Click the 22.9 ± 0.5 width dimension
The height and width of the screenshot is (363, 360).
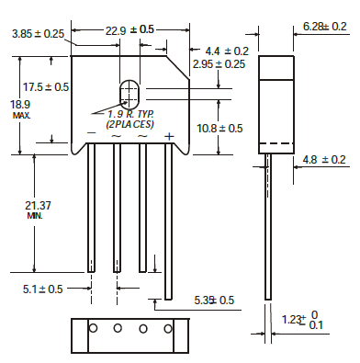click(129, 30)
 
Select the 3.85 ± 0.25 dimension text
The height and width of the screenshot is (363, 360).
click(39, 34)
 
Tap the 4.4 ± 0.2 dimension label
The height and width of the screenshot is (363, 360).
click(227, 51)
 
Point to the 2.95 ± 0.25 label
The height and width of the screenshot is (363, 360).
click(219, 64)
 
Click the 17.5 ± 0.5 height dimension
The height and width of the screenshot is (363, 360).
click(46, 87)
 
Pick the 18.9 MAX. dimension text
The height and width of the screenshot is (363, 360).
click(20, 109)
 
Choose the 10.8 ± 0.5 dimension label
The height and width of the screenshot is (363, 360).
click(219, 128)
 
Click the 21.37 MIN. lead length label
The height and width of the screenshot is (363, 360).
click(38, 210)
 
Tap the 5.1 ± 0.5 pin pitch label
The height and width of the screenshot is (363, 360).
click(42, 289)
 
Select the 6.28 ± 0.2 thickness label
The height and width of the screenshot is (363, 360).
click(325, 27)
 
